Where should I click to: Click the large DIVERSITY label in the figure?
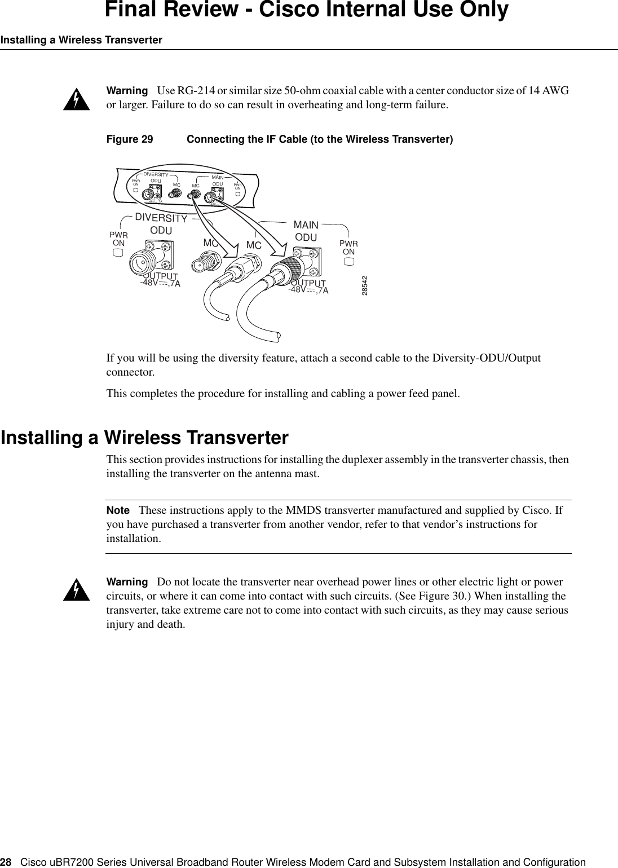point(161,218)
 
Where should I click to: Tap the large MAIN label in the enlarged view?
point(306,225)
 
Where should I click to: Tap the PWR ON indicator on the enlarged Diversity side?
point(118,252)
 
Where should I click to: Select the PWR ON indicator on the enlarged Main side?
point(349,261)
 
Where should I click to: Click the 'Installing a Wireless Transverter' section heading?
point(144,438)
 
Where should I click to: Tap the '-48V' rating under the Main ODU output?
point(297,290)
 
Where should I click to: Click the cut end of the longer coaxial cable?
point(277,337)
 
